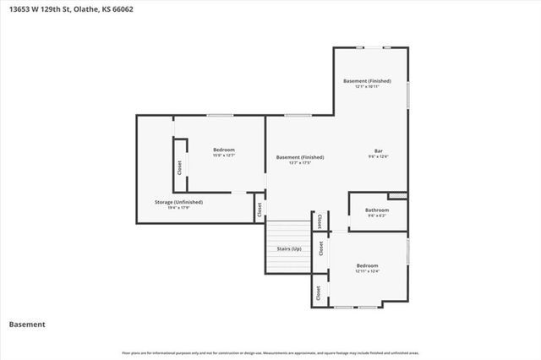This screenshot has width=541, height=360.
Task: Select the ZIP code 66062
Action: [x=123, y=9]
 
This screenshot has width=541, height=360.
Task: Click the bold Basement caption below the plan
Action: [x=27, y=325]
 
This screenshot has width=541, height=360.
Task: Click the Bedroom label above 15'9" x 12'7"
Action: [x=223, y=150]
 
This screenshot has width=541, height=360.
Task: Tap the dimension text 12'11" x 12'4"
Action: [x=367, y=270]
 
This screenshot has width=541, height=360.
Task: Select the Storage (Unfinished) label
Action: [x=178, y=202]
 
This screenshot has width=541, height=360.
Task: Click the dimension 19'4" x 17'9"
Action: [x=178, y=207]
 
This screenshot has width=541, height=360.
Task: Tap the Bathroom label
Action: [x=377, y=210]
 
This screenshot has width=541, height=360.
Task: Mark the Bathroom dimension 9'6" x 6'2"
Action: [x=377, y=215]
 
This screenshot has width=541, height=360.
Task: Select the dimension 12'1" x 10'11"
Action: [x=367, y=86]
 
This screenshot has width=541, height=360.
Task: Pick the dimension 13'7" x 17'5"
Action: [x=300, y=162]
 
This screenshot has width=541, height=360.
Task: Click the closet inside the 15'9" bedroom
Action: [x=179, y=166]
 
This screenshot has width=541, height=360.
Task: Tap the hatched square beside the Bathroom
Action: [x=402, y=197]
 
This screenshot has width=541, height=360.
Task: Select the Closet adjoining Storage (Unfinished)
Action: [x=259, y=208]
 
